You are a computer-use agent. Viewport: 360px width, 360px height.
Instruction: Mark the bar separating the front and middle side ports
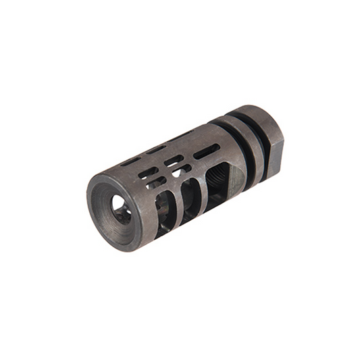pos(177,203)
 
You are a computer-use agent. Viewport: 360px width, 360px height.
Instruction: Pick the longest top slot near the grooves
pos(205,151)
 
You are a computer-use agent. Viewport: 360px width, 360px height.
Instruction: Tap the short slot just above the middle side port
pos(176,168)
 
